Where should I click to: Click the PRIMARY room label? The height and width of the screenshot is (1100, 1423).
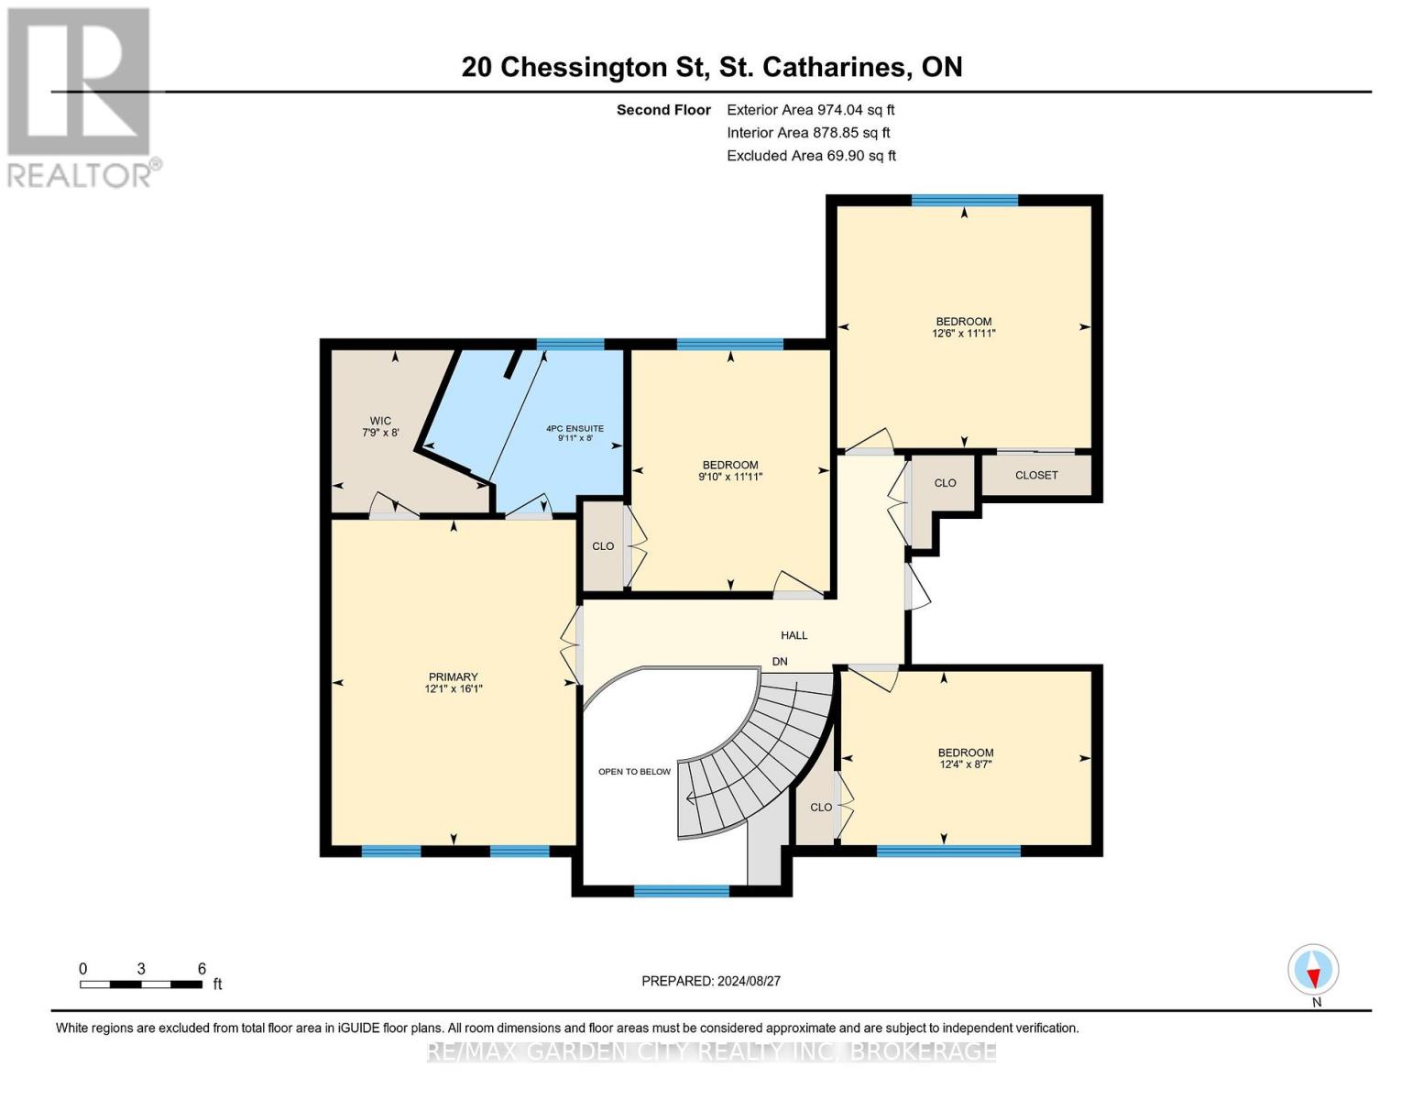453,676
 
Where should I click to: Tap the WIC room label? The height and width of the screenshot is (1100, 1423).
380,421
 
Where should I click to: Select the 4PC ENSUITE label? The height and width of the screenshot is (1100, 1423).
575,428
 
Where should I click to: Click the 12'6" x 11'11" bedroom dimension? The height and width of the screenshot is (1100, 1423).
963,334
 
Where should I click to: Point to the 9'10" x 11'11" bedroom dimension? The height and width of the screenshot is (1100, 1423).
730,477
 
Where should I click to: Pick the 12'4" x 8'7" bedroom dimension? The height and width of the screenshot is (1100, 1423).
965,764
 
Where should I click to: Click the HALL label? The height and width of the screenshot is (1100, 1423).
794,635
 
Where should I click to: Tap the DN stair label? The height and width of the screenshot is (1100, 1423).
780,662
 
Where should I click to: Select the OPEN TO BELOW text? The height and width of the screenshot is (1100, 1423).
634,772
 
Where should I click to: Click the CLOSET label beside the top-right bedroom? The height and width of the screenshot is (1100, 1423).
1036,475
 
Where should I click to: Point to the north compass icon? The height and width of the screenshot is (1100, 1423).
1313,970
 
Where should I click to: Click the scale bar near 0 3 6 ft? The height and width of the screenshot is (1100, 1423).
141,984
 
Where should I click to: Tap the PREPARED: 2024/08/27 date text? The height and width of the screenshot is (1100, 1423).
711,981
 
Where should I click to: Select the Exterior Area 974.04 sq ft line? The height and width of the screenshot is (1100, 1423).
810,110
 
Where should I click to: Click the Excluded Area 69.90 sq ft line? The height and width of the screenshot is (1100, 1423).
811,156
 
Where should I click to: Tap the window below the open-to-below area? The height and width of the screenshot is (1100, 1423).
682,891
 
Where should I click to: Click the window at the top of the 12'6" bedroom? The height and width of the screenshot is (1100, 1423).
964,201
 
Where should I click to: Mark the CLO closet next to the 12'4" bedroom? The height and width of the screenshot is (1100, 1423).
820,807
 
